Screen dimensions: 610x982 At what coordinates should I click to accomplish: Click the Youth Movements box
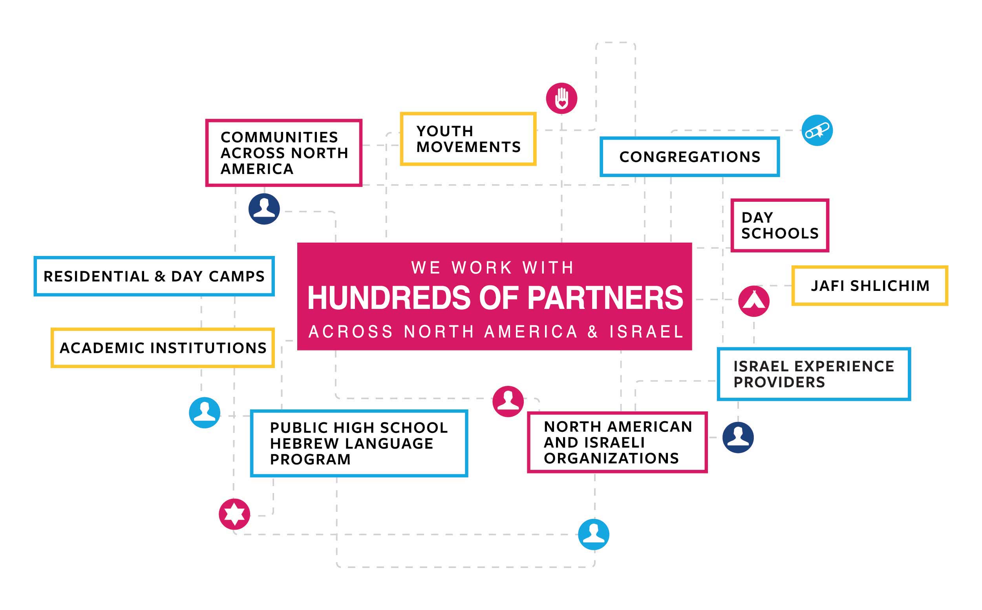[x=468, y=139]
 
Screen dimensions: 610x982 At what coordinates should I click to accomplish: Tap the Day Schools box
[x=779, y=226]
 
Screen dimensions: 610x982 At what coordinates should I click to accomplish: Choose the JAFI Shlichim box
[x=869, y=286]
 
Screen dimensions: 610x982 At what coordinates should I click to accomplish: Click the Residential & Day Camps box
[x=154, y=276]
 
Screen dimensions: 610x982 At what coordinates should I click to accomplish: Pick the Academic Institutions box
[x=163, y=348]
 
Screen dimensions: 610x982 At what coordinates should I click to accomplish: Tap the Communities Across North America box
[x=283, y=153]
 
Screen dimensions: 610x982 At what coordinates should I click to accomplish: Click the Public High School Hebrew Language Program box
[x=358, y=444]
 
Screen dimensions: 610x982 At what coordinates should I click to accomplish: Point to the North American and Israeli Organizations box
[x=617, y=442]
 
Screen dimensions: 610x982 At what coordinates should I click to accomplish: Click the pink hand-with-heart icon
[x=561, y=99]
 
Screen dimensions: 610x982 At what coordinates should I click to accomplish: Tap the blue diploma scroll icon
[x=817, y=131]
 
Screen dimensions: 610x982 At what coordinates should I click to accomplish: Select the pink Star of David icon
[x=234, y=514]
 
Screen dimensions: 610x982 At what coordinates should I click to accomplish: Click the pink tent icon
[x=753, y=301]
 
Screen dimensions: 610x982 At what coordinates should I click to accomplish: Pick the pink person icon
[x=508, y=402]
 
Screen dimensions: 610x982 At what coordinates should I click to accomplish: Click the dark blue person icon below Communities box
[x=264, y=209]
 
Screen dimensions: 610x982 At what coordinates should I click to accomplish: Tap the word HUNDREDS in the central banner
[x=389, y=298]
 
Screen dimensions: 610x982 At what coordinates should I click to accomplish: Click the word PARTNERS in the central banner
[x=605, y=298]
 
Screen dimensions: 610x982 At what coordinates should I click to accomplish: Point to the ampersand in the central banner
[x=592, y=332]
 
